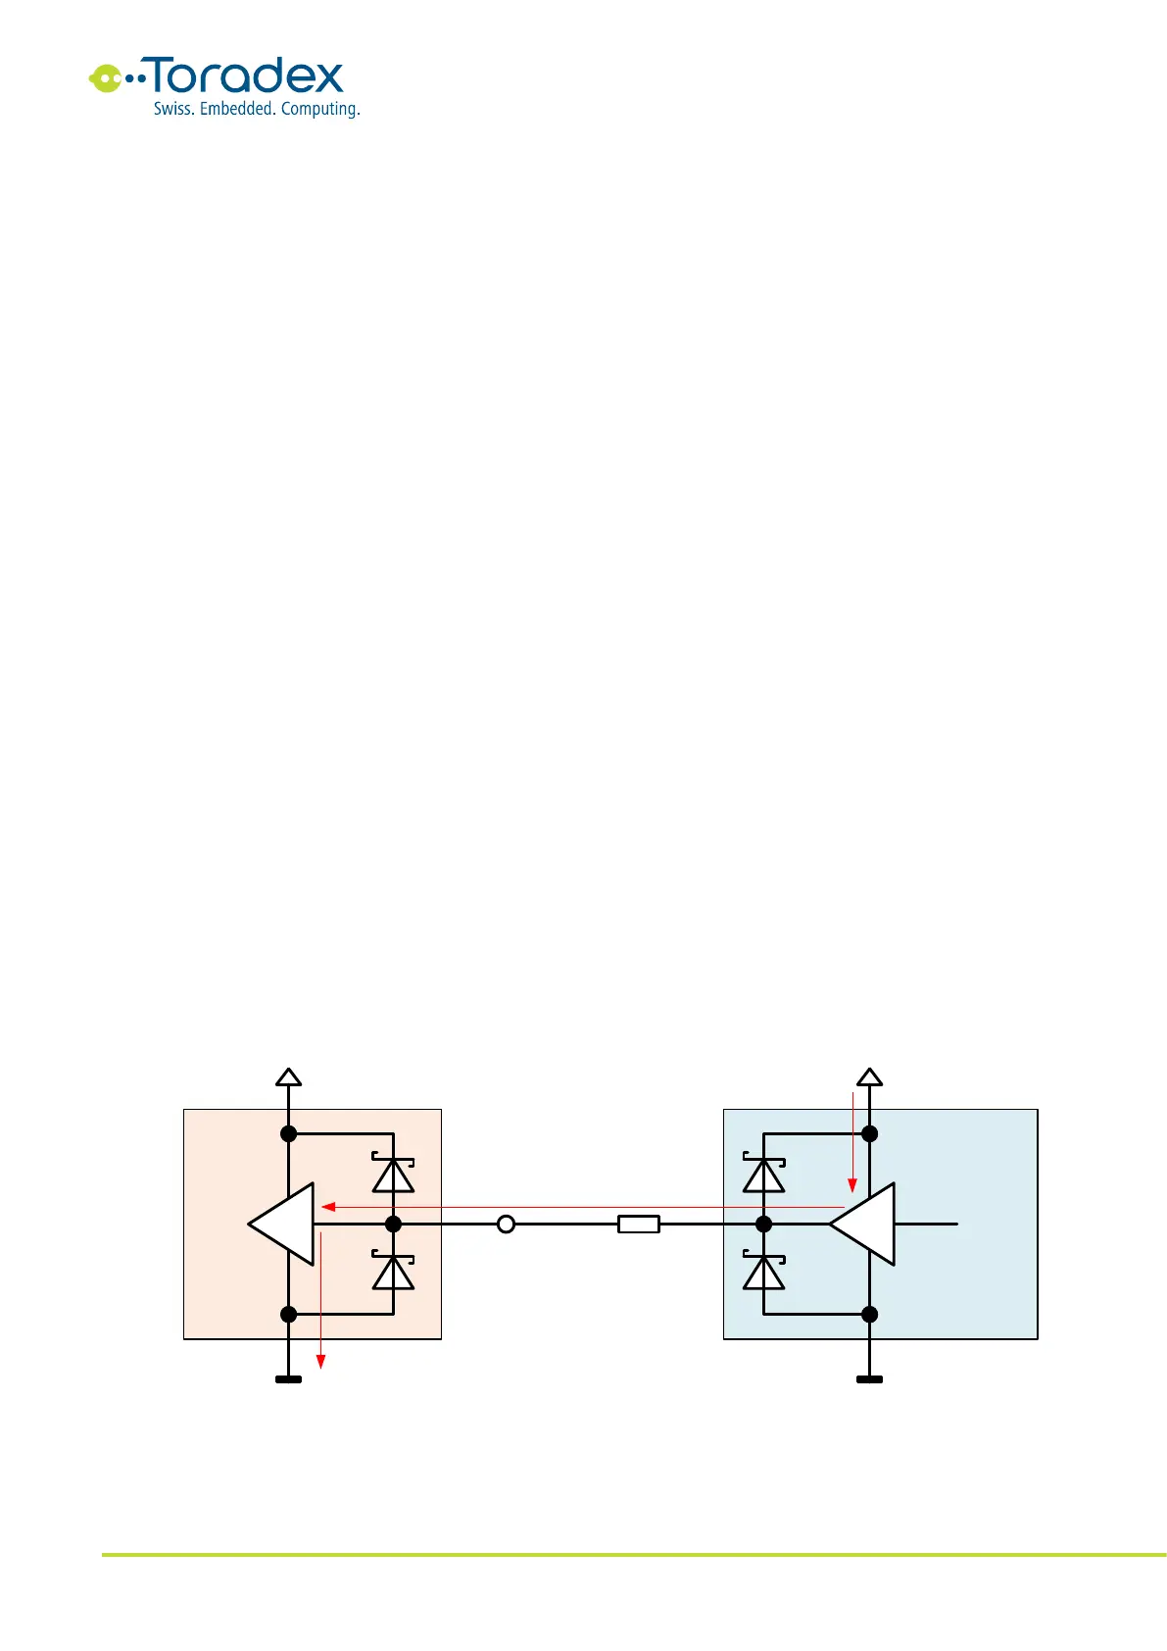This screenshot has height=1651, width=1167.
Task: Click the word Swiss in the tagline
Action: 172,109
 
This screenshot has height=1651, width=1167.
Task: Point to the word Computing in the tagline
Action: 320,110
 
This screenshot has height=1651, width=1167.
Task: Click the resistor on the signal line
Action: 639,1224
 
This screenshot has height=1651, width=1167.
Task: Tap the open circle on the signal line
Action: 506,1224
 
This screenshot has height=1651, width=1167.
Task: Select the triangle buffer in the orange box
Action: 283,1224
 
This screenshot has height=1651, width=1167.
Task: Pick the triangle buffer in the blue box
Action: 863,1224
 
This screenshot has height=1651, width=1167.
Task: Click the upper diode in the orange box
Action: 393,1174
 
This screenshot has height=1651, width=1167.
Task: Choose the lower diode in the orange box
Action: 393,1272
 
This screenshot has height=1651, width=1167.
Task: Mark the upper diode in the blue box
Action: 763,1174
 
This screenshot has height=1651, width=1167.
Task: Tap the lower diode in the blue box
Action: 763,1272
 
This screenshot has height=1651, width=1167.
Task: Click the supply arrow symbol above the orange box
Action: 288,1076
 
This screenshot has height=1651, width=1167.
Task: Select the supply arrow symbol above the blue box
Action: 869,1076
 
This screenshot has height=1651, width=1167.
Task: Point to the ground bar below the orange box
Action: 288,1379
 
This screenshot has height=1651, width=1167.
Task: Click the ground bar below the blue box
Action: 869,1379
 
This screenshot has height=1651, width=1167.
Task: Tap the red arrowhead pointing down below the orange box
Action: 320,1361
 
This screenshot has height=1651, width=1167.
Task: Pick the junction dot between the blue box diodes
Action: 763,1224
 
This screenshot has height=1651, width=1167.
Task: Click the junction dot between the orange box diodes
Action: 393,1224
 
